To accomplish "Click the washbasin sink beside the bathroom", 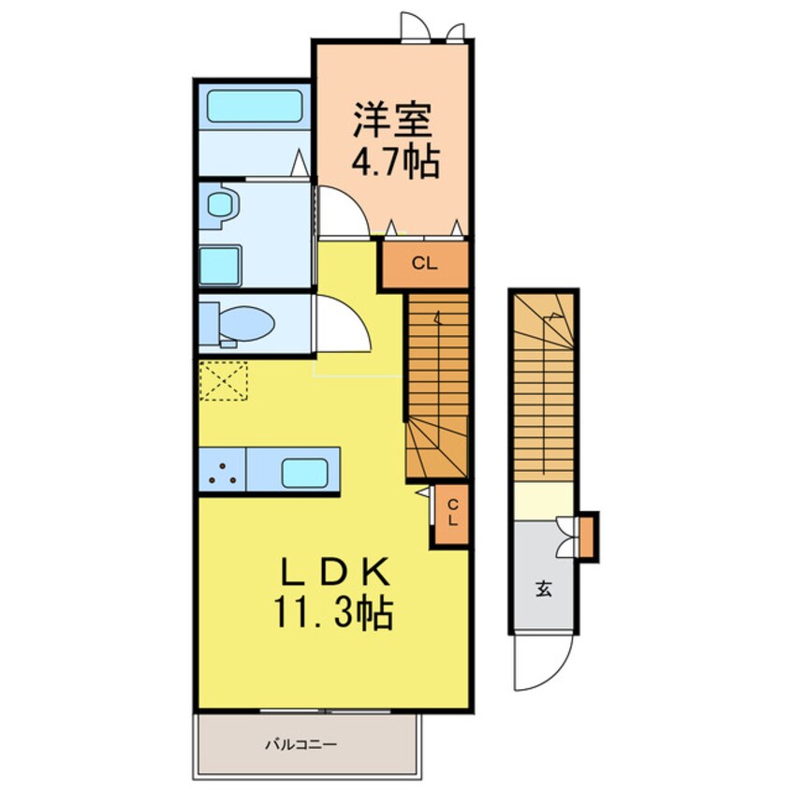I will click(221, 204).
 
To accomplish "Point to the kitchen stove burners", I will click(222, 471).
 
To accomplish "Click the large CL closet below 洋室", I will click(423, 264).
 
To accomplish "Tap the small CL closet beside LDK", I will click(450, 515).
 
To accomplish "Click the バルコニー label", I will click(300, 745).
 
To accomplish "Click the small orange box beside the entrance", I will click(587, 536).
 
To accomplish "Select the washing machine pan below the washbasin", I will click(221, 265).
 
